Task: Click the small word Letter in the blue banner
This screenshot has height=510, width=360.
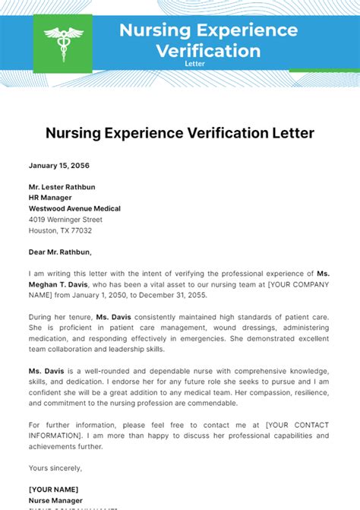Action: [x=194, y=64]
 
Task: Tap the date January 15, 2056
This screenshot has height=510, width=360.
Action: [x=58, y=165]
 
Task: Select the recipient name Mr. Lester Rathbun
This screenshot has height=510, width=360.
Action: [x=62, y=186]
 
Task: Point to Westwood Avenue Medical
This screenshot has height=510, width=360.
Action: [x=74, y=208]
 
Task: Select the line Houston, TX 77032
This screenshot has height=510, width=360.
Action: [x=60, y=230]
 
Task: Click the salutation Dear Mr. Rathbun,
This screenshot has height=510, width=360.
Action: [x=64, y=252]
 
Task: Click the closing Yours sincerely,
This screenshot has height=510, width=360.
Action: [x=55, y=467]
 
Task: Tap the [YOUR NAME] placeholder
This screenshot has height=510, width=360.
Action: [x=53, y=489]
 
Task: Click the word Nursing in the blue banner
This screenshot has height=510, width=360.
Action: [x=156, y=30]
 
